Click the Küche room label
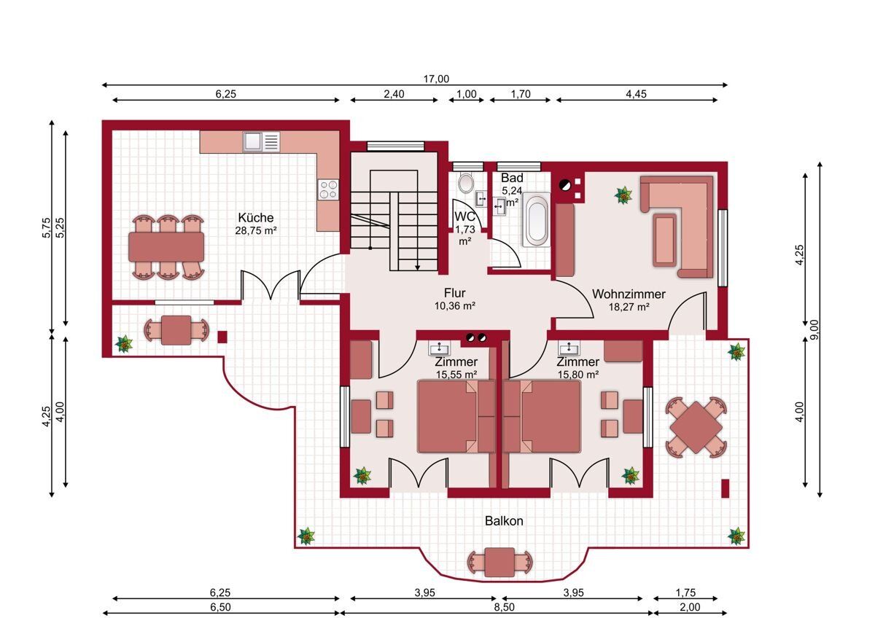[x=256, y=217]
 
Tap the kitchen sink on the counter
[x=261, y=141]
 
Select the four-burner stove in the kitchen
[x=328, y=189]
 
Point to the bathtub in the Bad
[x=537, y=221]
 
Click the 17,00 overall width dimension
[x=436, y=79]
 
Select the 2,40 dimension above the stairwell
[x=394, y=94]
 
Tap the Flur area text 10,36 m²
[x=455, y=305]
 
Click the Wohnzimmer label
[x=629, y=294]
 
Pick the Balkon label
[x=504, y=521]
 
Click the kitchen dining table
[x=166, y=247]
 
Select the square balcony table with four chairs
[x=696, y=428]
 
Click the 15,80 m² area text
[x=578, y=375]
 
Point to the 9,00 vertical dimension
[x=814, y=330]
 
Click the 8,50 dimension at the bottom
[x=505, y=608]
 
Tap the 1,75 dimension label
[x=685, y=592]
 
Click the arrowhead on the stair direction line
[x=417, y=267]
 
